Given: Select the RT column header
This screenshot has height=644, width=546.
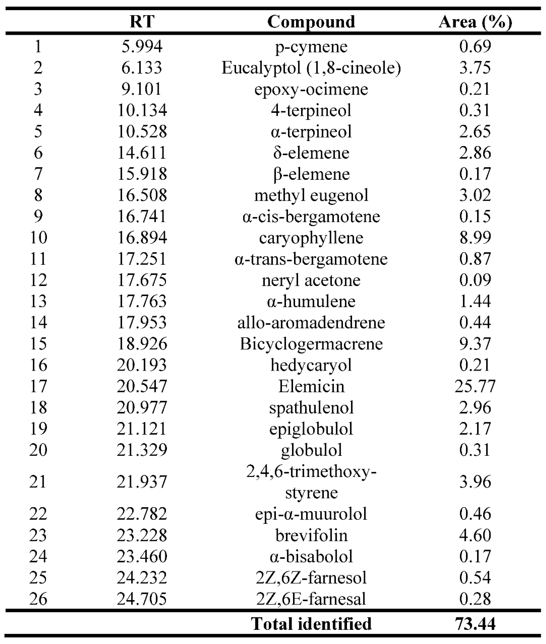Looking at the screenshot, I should (x=142, y=22).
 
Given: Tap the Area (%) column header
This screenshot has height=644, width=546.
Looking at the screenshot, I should (x=475, y=22).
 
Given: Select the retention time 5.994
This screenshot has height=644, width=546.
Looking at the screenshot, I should (x=142, y=46).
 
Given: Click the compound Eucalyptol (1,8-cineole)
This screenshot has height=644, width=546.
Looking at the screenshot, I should (x=311, y=68).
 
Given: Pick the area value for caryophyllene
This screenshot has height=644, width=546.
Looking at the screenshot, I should (x=475, y=238).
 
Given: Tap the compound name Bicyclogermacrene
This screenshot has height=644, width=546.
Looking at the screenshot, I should (x=311, y=344).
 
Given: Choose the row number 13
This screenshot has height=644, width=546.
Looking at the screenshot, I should (x=38, y=301).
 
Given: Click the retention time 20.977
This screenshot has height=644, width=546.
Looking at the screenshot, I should (x=142, y=407).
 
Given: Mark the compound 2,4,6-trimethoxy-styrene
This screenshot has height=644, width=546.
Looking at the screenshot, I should (x=311, y=482).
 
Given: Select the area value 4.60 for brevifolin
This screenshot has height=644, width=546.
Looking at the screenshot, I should (x=475, y=535).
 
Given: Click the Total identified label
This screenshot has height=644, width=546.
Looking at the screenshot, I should (x=311, y=623).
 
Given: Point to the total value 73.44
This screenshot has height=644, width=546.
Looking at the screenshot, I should (x=475, y=623).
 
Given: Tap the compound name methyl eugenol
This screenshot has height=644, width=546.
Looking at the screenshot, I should (x=311, y=195).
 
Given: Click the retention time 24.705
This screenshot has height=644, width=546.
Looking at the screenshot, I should (x=142, y=599).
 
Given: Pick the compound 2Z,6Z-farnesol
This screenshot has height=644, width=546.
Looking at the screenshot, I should (x=311, y=578).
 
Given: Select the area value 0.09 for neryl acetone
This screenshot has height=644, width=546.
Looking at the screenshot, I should (x=475, y=280).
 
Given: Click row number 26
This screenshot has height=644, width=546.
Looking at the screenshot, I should (x=38, y=599).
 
